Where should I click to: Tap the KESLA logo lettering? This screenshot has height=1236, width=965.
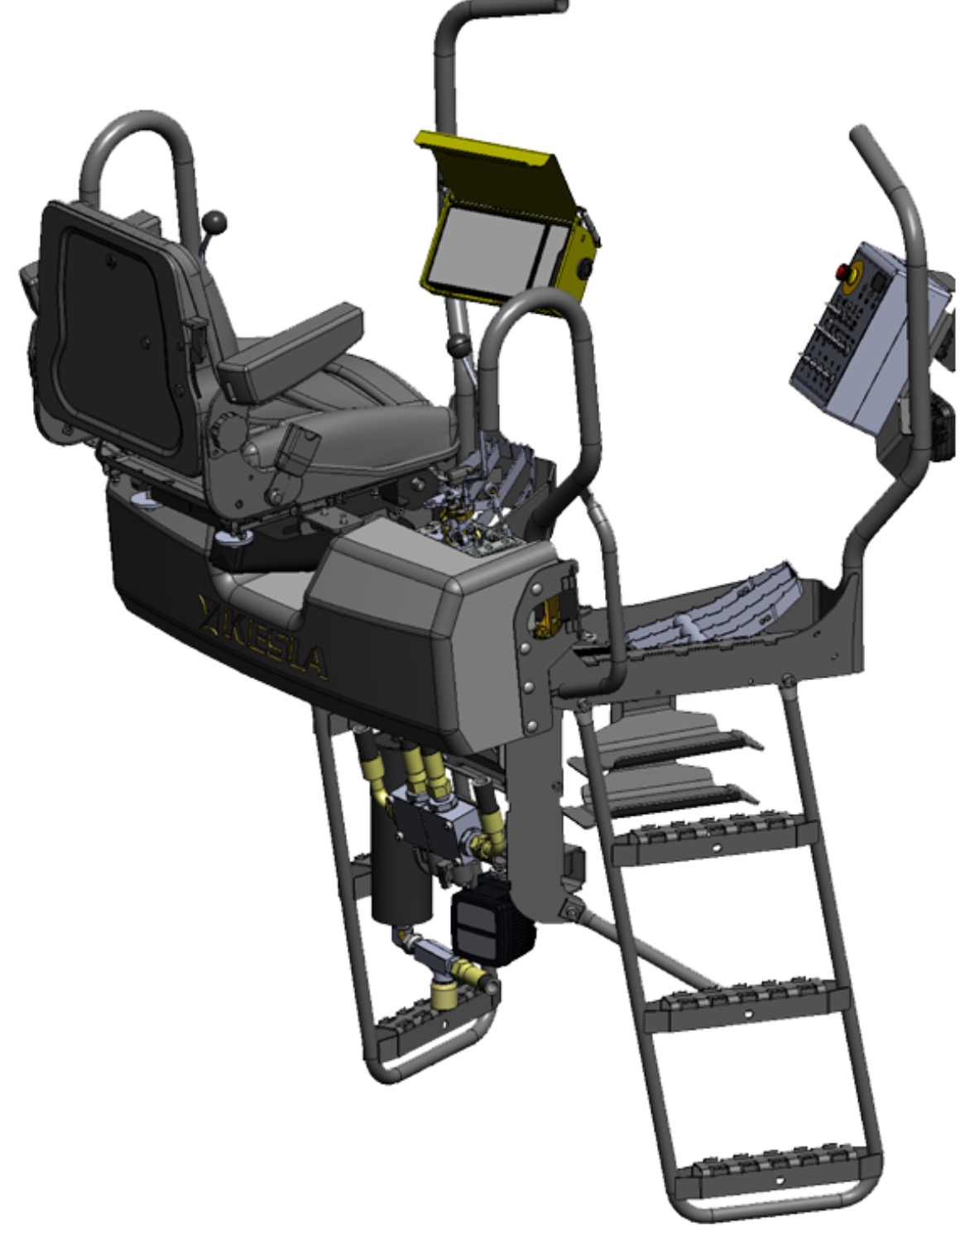(x=263, y=636)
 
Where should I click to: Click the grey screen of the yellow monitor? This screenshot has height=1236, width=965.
(x=496, y=252)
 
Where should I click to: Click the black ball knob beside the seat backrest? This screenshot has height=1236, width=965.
(x=215, y=221)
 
